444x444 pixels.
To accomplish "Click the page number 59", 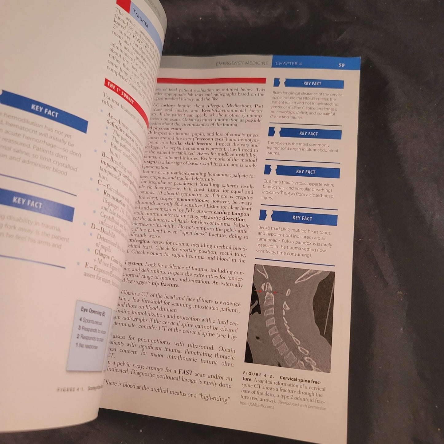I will click(x=341, y=65).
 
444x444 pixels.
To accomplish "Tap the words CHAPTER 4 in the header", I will click(x=289, y=64).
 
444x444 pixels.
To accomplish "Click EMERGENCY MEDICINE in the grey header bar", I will click(x=242, y=63).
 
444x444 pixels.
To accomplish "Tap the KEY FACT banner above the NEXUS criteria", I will click(x=312, y=84).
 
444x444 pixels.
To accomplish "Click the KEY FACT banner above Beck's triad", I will click(x=302, y=218).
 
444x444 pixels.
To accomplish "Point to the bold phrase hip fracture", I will click(x=165, y=284).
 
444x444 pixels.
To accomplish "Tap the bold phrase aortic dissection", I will click(x=227, y=218).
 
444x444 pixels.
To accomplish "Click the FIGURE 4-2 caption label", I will click(x=258, y=375).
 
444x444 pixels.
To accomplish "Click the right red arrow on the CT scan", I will click(x=278, y=293).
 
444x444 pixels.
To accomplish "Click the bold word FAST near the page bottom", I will click(x=185, y=372).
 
